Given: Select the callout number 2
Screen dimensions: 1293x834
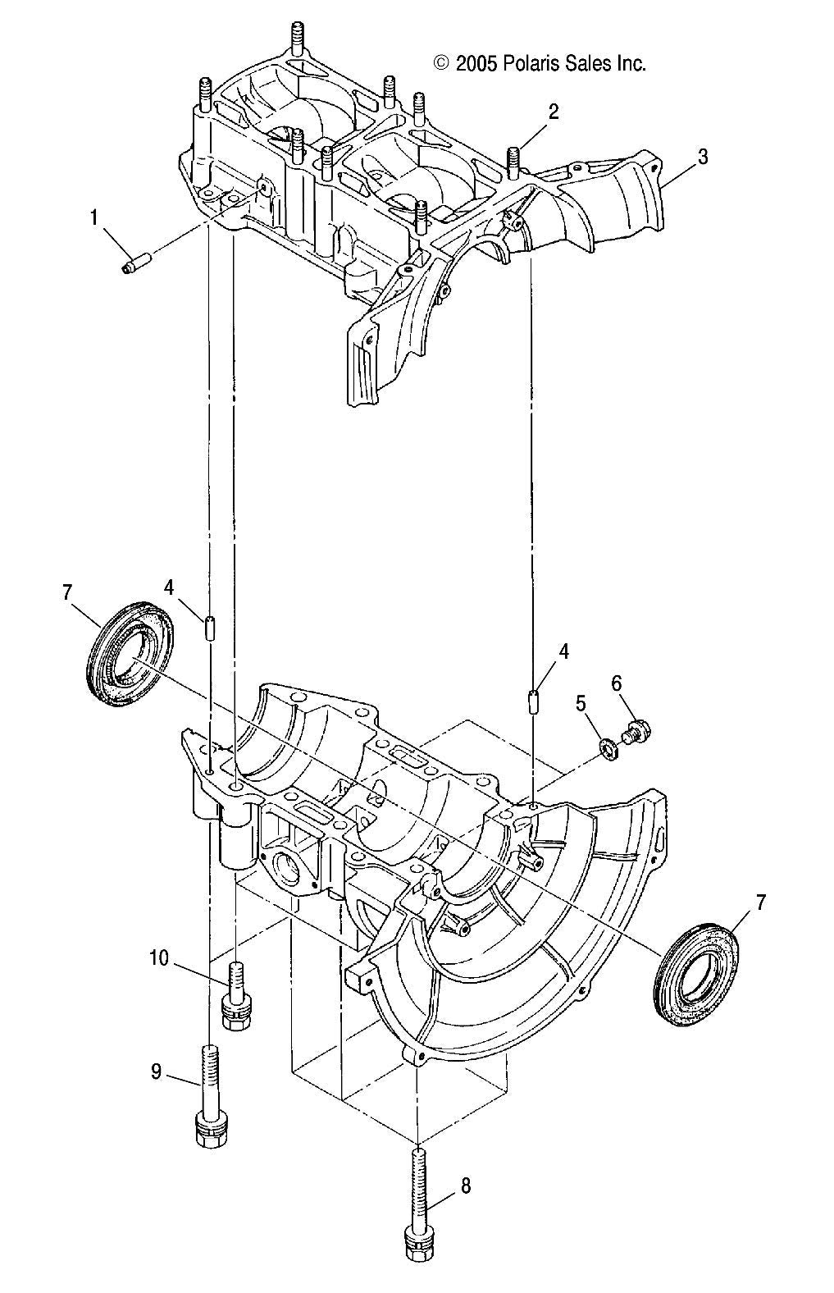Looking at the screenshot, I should click(x=554, y=112).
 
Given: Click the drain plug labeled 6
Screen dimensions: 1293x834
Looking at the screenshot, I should click(x=636, y=730).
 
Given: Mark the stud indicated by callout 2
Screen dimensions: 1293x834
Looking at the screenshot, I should click(x=515, y=162).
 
